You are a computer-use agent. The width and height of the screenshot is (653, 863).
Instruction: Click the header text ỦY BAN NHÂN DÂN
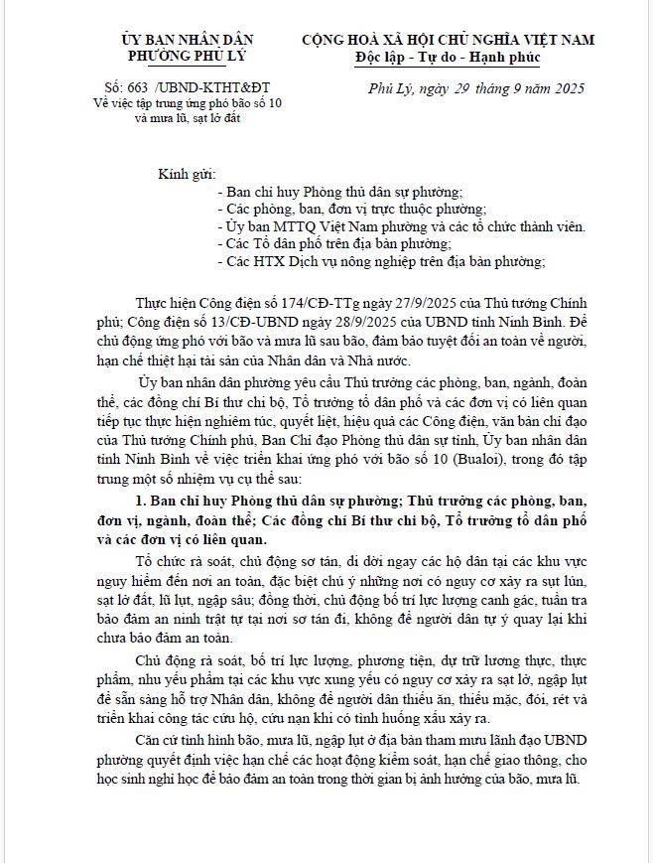click(179, 40)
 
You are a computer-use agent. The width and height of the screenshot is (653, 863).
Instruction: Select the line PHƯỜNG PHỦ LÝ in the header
click(179, 56)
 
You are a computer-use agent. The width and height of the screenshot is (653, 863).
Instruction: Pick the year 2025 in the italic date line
click(564, 88)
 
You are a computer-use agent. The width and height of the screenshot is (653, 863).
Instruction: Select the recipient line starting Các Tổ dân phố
click(337, 243)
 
